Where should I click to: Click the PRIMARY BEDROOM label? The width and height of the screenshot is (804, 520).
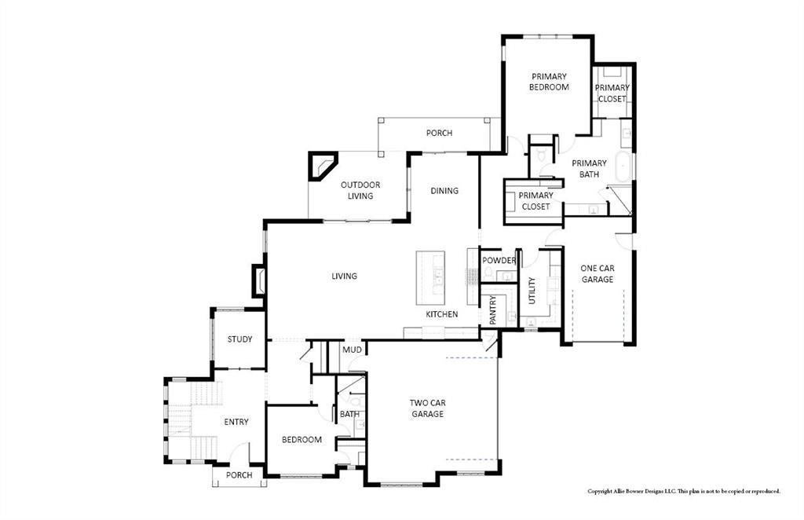pyautogui.click(x=548, y=82)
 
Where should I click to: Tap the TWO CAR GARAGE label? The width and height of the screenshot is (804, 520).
pyautogui.click(x=426, y=408)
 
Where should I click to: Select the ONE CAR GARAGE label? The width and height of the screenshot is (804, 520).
pyautogui.click(x=597, y=273)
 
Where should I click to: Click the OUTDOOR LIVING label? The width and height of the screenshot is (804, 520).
pyautogui.click(x=360, y=190)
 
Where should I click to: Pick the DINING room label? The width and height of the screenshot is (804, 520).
pyautogui.click(x=444, y=191)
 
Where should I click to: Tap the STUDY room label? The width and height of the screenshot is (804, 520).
pyautogui.click(x=239, y=339)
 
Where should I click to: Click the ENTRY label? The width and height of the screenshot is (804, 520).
pyautogui.click(x=236, y=422)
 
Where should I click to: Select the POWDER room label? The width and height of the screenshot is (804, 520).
pyautogui.click(x=499, y=261)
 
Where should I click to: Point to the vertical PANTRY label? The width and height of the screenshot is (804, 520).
pyautogui.click(x=493, y=309)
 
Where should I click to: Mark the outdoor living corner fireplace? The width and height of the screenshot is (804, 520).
pyautogui.click(x=322, y=167)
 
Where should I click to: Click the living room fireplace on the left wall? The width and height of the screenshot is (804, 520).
pyautogui.click(x=258, y=281)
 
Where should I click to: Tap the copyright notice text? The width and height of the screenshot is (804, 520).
pyautogui.click(x=684, y=492)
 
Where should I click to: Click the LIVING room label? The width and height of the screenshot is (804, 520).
pyautogui.click(x=344, y=276)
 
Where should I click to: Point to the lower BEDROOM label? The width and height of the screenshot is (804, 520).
pyautogui.click(x=301, y=440)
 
